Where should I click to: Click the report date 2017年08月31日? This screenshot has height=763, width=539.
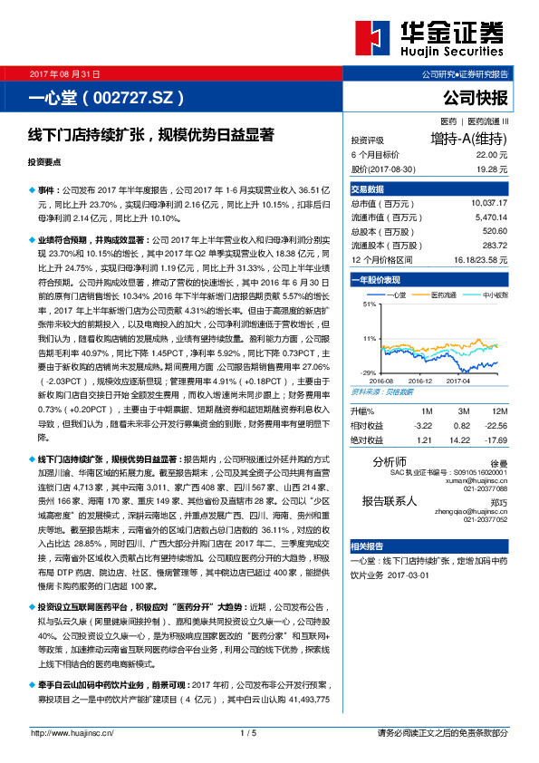[65, 72]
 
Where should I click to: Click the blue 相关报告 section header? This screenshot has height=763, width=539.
[368, 546]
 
